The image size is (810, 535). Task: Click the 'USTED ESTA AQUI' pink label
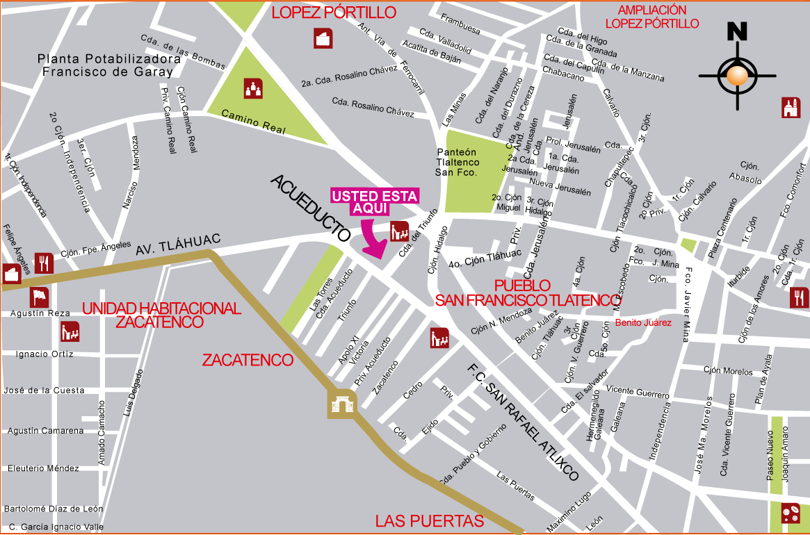click(x=374, y=202)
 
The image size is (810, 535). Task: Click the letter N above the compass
click(x=737, y=32)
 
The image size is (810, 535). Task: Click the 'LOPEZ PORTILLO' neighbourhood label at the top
click(x=334, y=13)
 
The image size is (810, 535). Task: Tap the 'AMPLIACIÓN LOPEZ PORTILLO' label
click(x=652, y=17)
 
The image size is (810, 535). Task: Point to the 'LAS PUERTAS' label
click(x=429, y=521)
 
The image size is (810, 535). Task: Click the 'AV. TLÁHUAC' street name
click(x=178, y=244)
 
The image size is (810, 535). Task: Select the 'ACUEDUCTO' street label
click(x=311, y=208)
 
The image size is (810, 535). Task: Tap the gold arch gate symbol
click(x=342, y=404)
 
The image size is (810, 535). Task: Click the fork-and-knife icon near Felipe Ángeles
click(x=44, y=262)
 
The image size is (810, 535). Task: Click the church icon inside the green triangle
click(x=253, y=88)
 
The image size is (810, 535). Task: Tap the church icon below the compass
click(x=791, y=108)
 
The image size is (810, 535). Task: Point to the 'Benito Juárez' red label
click(x=644, y=322)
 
